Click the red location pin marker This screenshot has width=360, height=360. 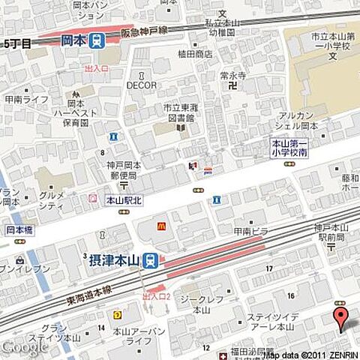point(340,317)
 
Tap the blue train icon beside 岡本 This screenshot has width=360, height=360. point(96,43)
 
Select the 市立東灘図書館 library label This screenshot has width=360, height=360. point(181,112)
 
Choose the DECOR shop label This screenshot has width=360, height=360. point(142,85)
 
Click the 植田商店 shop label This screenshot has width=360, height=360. point(196,54)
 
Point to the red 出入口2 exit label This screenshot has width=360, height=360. point(157,297)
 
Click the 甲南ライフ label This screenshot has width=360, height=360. point(25,98)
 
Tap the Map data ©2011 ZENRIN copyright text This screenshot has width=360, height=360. point(310,353)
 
